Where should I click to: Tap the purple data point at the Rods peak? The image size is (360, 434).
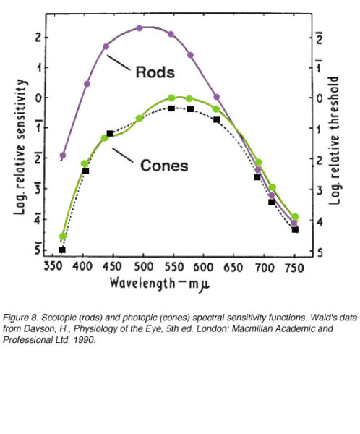pos(140,28)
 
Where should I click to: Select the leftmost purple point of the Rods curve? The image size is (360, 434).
pos(63,156)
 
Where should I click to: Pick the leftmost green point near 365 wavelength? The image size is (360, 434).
pos(63,237)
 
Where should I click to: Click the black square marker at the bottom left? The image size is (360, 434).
pos(62,250)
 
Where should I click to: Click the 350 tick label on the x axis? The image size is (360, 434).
pos(54,265)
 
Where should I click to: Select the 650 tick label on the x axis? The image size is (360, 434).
pos(233,265)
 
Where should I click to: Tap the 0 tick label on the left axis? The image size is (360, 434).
pos(39,97)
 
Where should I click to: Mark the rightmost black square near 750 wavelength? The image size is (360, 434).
pos(295,229)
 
